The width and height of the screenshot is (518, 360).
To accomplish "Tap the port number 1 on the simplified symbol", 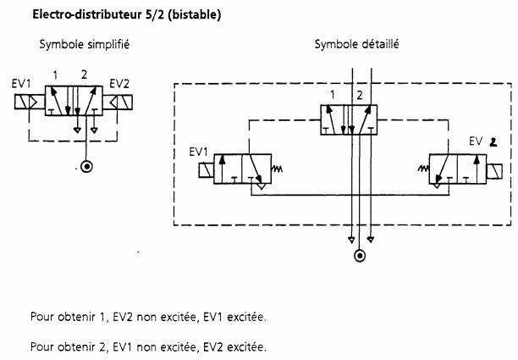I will (55, 75).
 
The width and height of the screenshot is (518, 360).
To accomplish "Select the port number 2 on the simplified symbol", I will (84, 75).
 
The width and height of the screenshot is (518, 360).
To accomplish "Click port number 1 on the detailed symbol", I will (333, 94).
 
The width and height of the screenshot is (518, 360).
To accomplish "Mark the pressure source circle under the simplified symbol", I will (85, 165).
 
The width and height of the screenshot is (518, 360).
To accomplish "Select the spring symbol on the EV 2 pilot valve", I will (422, 169).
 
